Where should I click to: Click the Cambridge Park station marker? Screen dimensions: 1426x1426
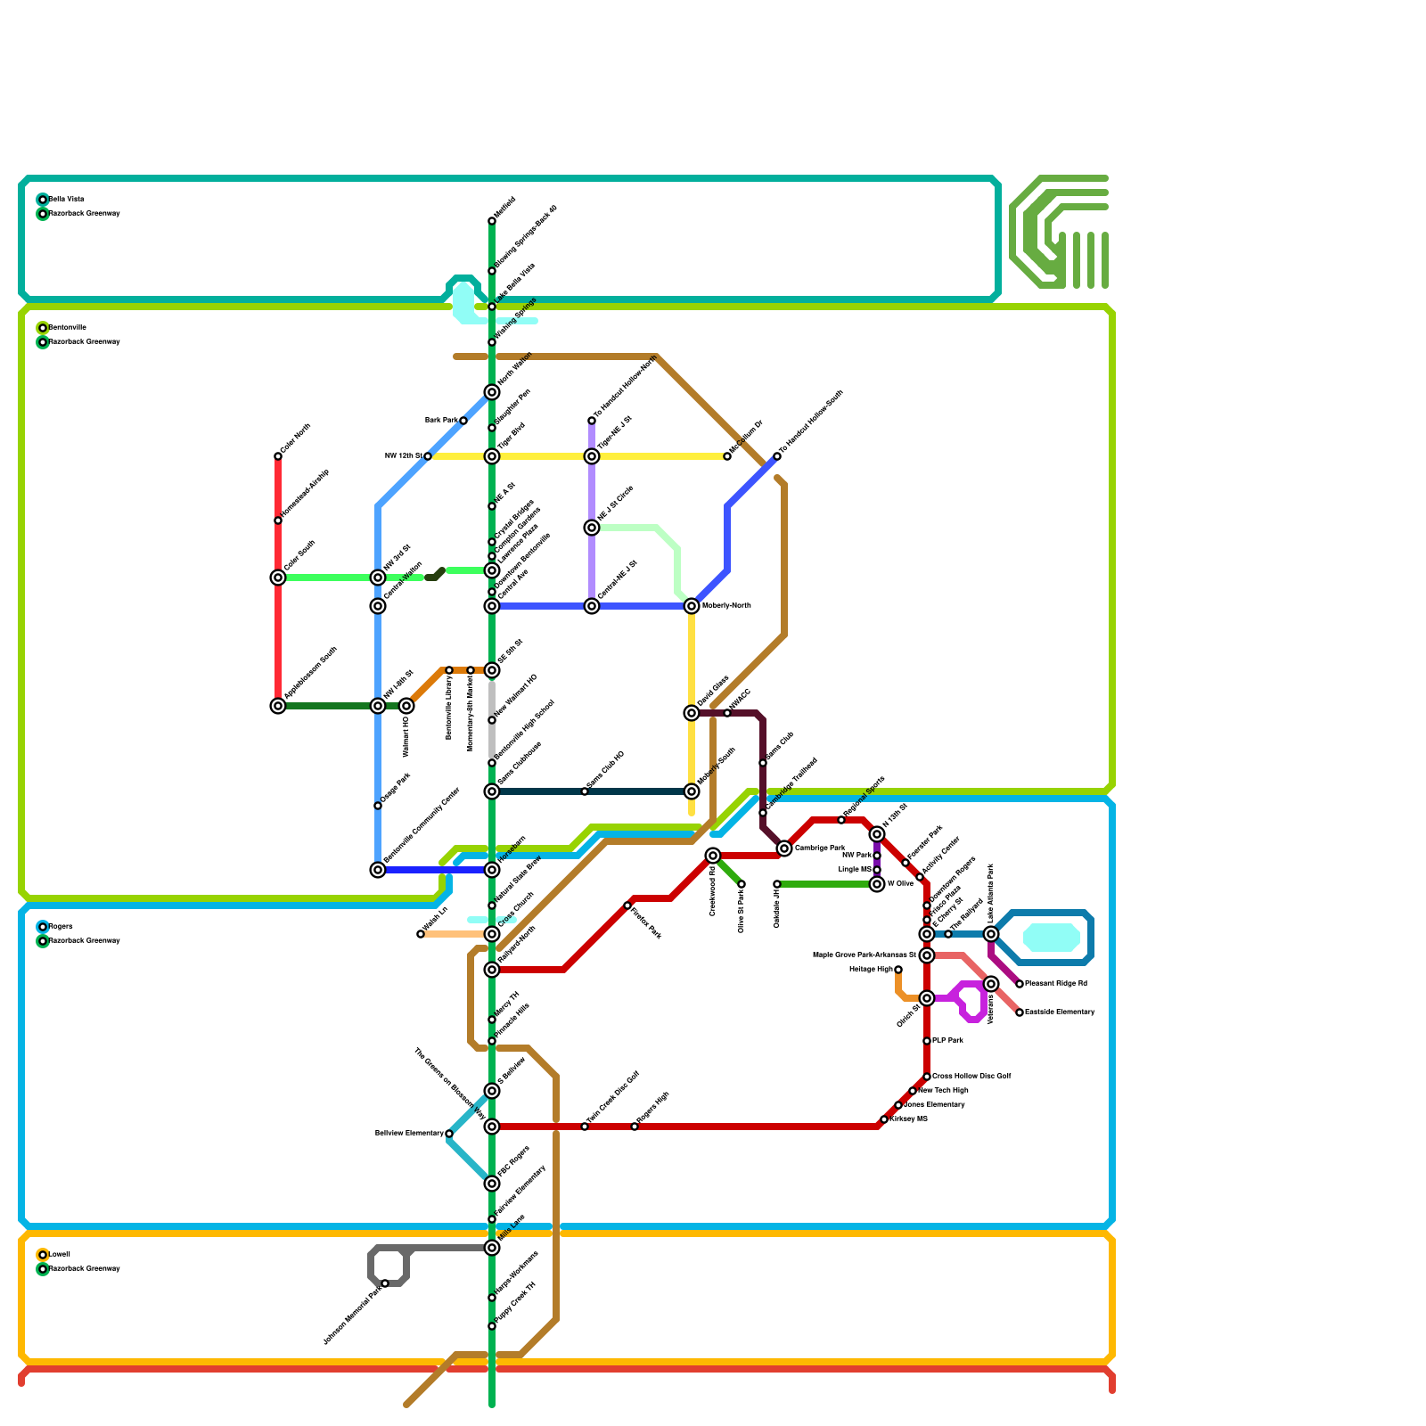[x=784, y=848]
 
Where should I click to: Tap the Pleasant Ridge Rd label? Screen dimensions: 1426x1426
[x=1056, y=984]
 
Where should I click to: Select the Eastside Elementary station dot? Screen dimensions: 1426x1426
[x=1020, y=1012]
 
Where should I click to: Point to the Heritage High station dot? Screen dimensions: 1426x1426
[x=898, y=970]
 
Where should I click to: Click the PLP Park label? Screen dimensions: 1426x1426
[x=947, y=1041]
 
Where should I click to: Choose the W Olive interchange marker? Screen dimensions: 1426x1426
[x=877, y=884]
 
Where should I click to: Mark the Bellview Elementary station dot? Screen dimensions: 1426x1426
[x=449, y=1134]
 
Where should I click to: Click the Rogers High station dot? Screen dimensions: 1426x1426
[x=635, y=1127]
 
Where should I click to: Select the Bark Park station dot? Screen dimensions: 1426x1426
[x=463, y=421]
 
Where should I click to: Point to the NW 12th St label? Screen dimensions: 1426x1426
[x=403, y=456]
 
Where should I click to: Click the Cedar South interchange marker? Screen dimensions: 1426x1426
[x=278, y=578]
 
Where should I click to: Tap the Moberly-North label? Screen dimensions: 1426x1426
[x=726, y=606]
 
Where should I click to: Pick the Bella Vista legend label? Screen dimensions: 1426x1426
[x=66, y=200]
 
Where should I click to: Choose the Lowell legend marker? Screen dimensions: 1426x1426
[x=43, y=1255]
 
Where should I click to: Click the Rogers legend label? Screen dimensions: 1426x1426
[x=61, y=927]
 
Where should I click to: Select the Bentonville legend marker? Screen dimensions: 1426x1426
[x=43, y=328]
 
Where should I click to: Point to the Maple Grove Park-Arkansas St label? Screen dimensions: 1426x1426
[x=865, y=955]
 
